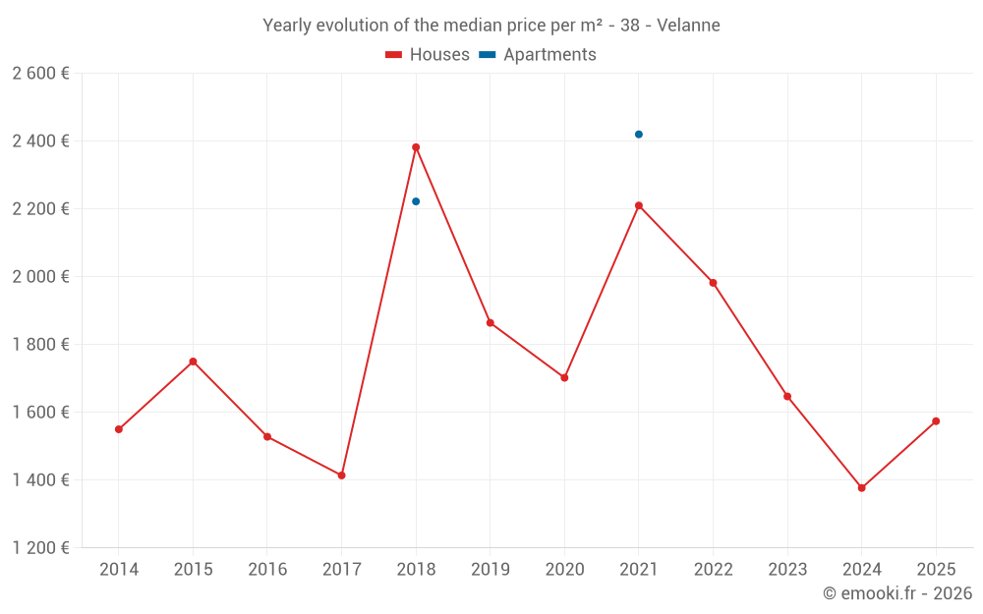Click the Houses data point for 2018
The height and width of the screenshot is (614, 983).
click(416, 147)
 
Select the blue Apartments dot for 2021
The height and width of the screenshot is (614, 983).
click(639, 135)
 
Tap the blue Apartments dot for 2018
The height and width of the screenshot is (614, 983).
click(416, 201)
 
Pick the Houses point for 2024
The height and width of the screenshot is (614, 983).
click(862, 488)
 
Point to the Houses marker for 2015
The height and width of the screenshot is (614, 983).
click(193, 362)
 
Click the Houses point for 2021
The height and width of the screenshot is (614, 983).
click(639, 205)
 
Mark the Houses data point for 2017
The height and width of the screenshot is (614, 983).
click(342, 475)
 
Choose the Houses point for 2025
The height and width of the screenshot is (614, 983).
click(936, 421)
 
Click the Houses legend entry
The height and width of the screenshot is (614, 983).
click(428, 55)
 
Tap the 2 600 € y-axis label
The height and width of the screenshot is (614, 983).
click(40, 74)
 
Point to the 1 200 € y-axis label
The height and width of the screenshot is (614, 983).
click(40, 548)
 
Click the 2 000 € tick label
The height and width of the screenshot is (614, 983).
click(40, 277)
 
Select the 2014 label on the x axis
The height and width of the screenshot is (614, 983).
click(119, 570)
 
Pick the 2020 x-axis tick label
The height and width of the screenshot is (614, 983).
click(564, 570)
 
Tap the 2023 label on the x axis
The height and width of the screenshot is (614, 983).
click(787, 570)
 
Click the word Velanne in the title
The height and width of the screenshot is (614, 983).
click(689, 26)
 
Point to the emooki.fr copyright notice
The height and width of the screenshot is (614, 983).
click(897, 593)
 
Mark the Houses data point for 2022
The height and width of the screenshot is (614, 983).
click(713, 283)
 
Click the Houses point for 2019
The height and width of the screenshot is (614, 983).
click(491, 323)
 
